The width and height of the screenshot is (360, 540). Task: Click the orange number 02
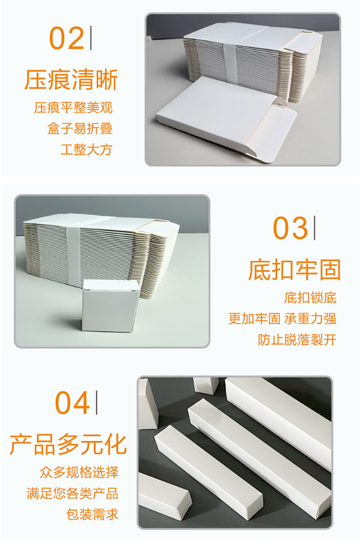(67, 38)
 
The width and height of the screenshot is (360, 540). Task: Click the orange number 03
(290, 228)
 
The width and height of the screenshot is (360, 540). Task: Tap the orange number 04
(72, 403)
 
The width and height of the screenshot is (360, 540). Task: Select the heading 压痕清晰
(71, 80)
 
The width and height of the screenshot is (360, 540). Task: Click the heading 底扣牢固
(295, 270)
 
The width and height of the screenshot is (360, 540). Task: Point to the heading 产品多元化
(68, 444)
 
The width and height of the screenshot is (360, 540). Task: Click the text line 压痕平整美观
(73, 108)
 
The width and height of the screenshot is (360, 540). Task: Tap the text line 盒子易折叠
(80, 129)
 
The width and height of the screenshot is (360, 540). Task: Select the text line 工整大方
(86, 150)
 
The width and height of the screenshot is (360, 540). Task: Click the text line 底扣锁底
(310, 298)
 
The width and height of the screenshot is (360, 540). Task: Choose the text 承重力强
(310, 319)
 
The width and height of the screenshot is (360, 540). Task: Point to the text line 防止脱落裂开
(297, 340)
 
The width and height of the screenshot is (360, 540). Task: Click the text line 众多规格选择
(79, 472)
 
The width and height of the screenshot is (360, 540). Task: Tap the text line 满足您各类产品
(72, 493)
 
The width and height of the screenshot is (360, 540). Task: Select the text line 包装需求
(92, 514)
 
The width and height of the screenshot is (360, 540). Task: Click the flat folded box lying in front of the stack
(226, 119)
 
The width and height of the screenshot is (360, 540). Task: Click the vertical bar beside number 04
(96, 402)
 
